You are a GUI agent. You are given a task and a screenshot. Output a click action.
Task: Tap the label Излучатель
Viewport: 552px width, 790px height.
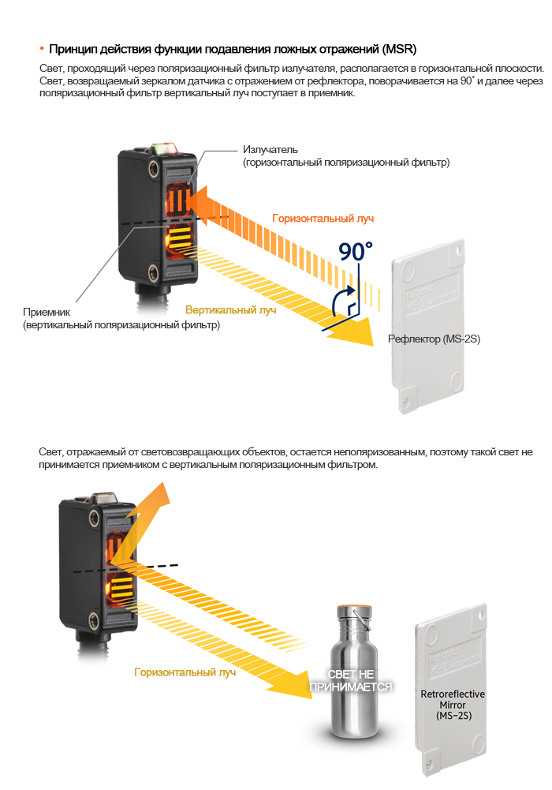(x=270, y=149)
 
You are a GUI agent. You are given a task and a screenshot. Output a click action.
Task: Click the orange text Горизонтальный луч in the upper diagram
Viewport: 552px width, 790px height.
(x=323, y=218)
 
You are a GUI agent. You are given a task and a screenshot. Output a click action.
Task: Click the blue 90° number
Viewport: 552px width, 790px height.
(x=355, y=251)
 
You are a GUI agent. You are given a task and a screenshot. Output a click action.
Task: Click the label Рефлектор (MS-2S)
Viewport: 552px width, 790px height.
(x=434, y=339)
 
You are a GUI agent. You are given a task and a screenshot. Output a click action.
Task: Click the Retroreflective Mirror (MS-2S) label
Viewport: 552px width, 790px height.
(x=453, y=704)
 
